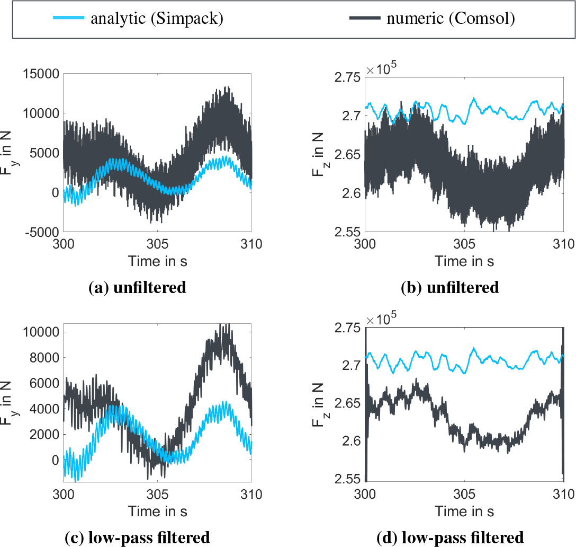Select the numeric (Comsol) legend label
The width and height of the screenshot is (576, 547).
451,20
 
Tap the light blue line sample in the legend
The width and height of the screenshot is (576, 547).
68,19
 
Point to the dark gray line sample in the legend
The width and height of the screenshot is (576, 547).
365,19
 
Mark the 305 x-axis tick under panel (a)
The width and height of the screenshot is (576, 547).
157,246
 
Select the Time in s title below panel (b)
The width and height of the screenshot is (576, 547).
464,261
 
